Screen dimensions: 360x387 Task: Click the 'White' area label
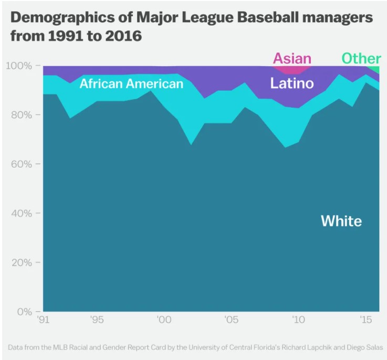click(341, 221)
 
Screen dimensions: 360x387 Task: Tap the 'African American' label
click(131, 84)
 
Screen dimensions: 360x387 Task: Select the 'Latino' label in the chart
click(291, 83)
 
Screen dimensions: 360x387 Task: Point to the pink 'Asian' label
click(292, 58)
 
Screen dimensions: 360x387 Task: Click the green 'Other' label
click(361, 58)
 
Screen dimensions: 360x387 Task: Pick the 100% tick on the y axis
click(19, 66)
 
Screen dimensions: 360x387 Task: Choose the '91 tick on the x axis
click(44, 320)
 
